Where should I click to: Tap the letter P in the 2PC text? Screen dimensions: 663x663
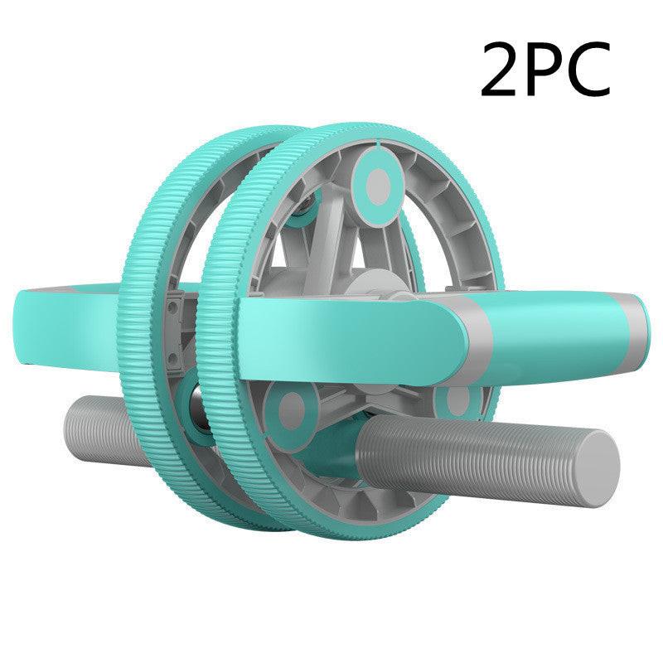pos(549,70)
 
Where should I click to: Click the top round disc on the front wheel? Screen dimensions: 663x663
pos(375,181)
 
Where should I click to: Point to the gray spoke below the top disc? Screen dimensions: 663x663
pos(365,236)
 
